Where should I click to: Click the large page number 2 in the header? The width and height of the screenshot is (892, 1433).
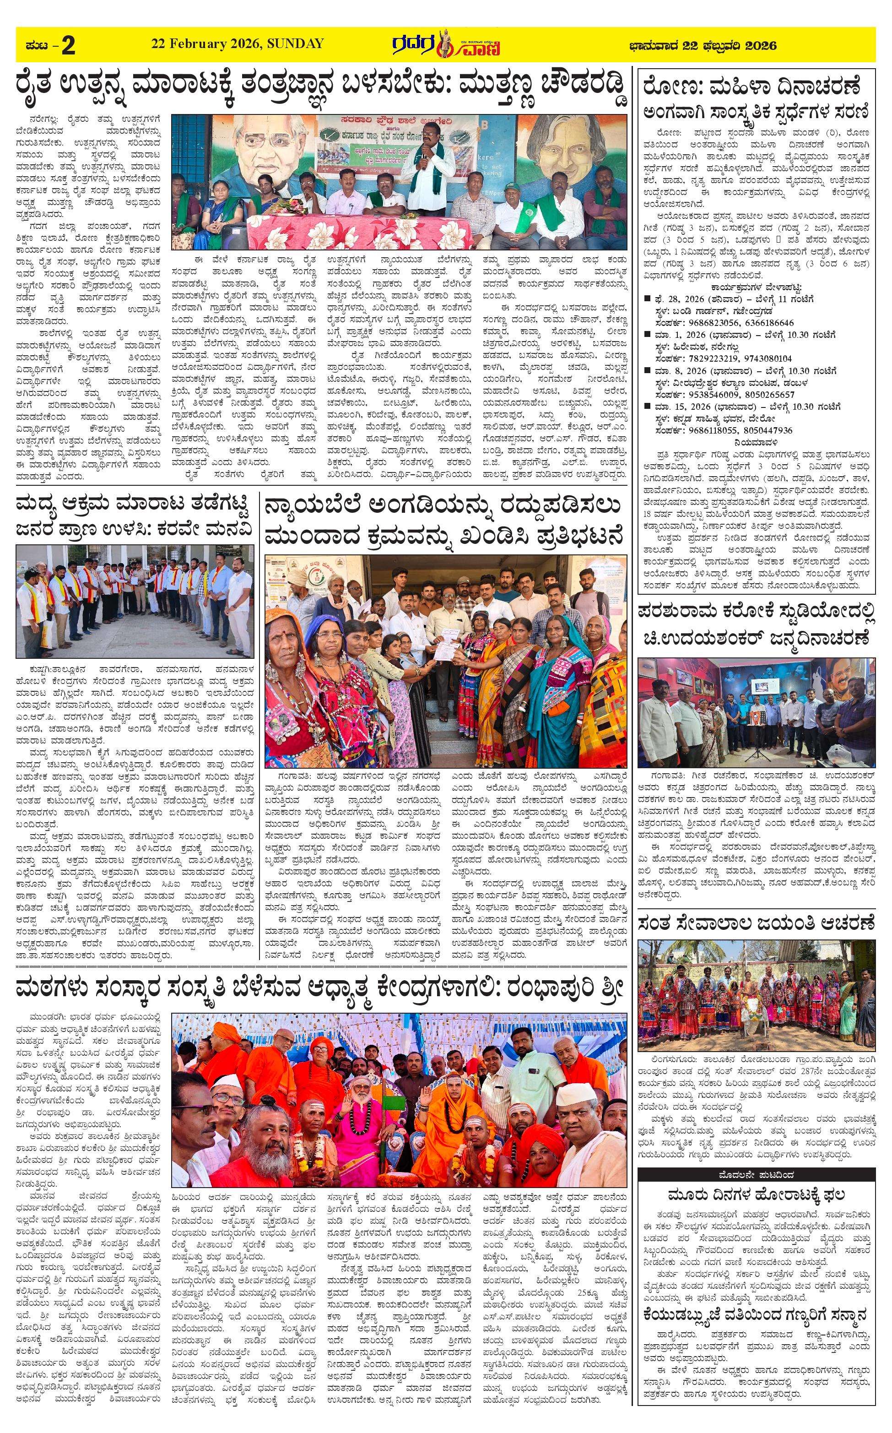click(68, 45)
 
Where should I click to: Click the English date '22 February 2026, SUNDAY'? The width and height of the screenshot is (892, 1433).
click(237, 43)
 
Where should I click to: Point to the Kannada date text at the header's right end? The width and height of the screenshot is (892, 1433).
click(702, 45)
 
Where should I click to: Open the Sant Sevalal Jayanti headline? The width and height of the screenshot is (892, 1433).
click(757, 922)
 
